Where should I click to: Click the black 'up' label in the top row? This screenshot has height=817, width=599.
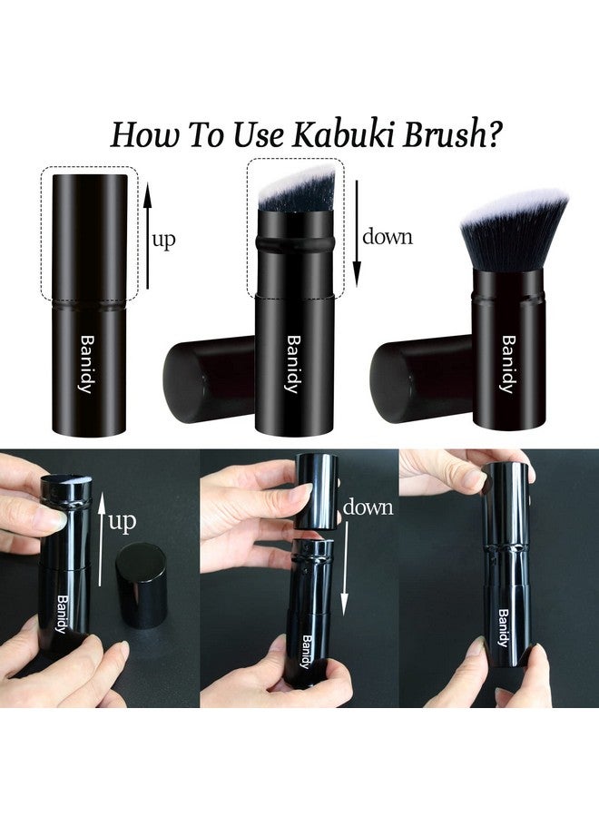tap(164, 240)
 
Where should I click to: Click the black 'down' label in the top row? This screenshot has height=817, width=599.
tap(388, 237)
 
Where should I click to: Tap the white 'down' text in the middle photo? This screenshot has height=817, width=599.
tap(368, 507)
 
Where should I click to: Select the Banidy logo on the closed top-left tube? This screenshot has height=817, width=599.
tap(85, 364)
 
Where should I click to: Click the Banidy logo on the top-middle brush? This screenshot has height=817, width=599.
tap(292, 364)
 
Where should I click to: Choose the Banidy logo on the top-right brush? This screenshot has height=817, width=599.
tap(508, 364)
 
